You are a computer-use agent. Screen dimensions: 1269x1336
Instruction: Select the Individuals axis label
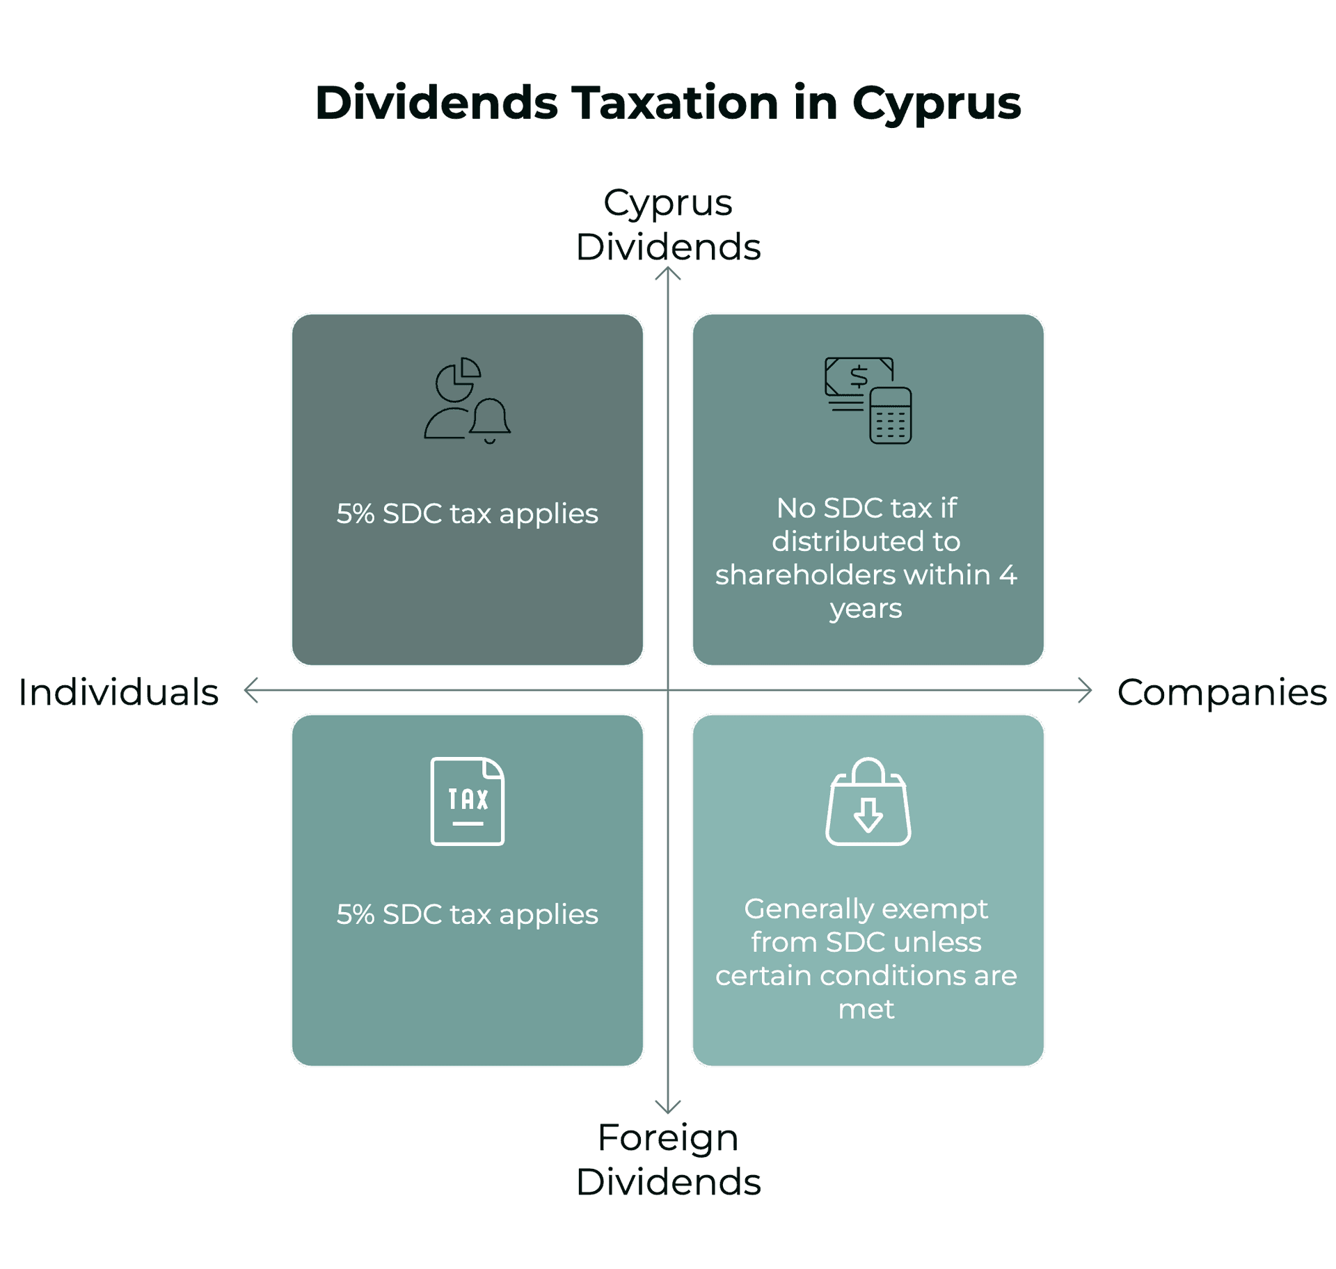pos(118,692)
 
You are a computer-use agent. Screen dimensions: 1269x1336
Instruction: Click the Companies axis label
pos(1222,692)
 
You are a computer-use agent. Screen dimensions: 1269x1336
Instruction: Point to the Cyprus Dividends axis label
pos(668,225)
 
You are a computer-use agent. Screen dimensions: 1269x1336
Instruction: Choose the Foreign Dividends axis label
pos(668,1160)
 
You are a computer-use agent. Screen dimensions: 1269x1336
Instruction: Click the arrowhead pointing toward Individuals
pos(251,690)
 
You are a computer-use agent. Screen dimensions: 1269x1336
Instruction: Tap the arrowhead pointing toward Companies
pos(1085,690)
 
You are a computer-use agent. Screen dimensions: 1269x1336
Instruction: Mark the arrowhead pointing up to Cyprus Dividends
pos(668,274)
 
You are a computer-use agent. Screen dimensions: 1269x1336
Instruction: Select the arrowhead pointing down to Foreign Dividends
pos(668,1107)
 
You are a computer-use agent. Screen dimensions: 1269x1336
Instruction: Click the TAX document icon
pos(468,801)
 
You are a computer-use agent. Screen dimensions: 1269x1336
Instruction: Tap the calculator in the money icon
pos(891,415)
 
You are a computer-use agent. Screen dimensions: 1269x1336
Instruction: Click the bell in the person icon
pos(491,420)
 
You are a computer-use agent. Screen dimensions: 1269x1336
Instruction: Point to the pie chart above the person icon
pos(458,378)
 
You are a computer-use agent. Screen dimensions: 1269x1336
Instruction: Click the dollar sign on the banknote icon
pos(859,376)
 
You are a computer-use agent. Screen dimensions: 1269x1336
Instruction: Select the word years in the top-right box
pos(866,608)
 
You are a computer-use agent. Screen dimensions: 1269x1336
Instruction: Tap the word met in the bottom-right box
pos(866,1009)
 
